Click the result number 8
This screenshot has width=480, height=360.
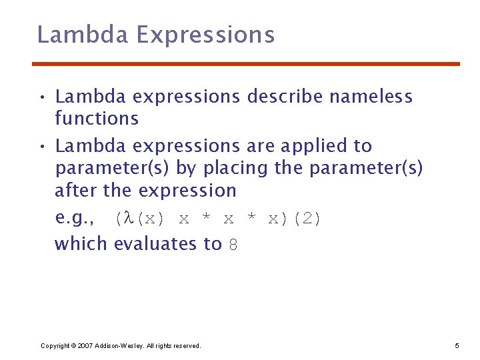point(233,245)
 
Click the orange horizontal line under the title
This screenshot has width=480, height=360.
point(246,64)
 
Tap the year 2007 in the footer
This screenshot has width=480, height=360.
point(85,345)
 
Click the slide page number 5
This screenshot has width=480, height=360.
point(457,345)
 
